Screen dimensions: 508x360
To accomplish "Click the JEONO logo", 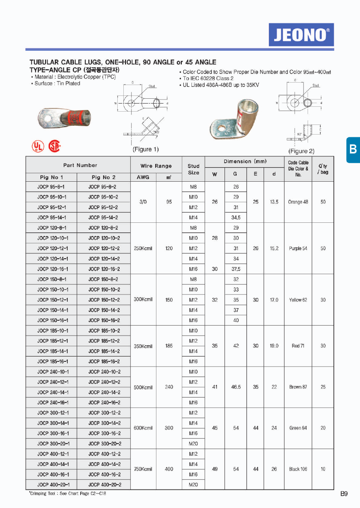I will (x=301, y=35).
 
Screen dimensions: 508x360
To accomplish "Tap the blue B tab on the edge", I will (x=353, y=149).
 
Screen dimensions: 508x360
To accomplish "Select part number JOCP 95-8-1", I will (x=51, y=187).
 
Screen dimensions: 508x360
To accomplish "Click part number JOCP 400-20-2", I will (x=104, y=485).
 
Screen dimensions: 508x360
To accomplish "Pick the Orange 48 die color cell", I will (x=298, y=202).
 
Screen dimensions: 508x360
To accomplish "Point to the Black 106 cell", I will (x=298, y=469).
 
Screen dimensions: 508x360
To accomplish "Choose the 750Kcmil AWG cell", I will (x=143, y=469).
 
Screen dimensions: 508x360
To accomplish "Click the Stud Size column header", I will (x=194, y=169).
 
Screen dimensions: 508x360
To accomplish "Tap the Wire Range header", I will (x=156, y=166).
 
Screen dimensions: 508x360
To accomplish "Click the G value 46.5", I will (x=236, y=387).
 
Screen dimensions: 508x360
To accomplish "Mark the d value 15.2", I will (x=274, y=249).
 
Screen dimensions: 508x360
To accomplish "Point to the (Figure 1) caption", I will (x=146, y=149).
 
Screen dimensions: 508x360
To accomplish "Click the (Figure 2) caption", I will (x=301, y=151).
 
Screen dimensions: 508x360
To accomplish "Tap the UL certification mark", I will (x=37, y=146).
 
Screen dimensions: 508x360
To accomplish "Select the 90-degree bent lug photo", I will (x=234, y=118).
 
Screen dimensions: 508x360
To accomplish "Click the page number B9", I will (x=344, y=493).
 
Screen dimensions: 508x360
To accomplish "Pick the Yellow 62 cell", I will (x=298, y=300).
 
